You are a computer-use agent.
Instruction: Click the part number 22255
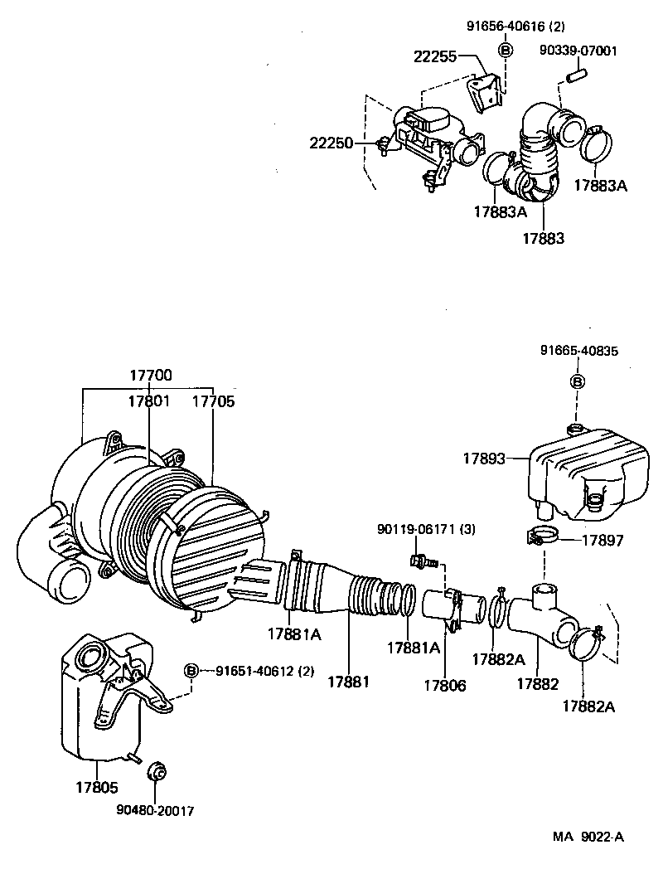434,56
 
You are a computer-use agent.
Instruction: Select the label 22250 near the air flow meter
330,143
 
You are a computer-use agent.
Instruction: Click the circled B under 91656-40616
505,50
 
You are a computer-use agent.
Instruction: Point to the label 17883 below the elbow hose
543,238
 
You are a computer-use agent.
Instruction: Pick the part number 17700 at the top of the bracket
151,375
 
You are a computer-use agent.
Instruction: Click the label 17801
148,401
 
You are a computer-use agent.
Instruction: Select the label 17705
213,401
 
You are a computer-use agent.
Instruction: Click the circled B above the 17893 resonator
578,381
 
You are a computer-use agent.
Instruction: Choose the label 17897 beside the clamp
602,540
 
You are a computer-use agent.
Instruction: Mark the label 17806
445,686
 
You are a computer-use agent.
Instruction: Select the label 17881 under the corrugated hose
348,681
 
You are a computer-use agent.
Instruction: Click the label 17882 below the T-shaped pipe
537,684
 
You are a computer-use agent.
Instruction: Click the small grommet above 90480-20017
155,774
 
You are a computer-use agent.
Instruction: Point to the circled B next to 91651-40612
191,671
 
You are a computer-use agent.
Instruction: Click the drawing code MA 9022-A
589,837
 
